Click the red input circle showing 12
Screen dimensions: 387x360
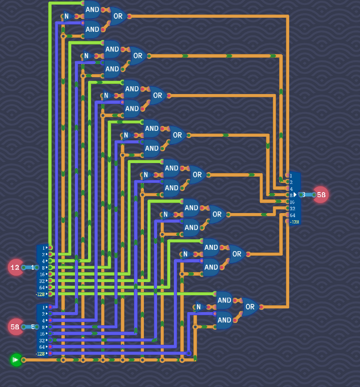[15, 268]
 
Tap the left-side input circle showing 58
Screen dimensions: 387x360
[15, 327]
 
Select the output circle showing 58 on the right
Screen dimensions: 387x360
[321, 195]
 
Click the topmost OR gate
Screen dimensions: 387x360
[118, 16]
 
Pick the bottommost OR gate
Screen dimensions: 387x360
[250, 307]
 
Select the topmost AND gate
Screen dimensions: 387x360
[92, 10]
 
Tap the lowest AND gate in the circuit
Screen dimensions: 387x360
[224, 320]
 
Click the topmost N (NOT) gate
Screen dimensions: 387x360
[67, 16]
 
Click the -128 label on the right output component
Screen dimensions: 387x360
[295, 222]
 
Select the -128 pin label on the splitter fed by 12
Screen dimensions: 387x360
[41, 294]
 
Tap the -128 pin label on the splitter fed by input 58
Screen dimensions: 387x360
[41, 353]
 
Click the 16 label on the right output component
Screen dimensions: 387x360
[292, 202]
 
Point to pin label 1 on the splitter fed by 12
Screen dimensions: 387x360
[44, 248]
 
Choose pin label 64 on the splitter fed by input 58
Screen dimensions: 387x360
[42, 347]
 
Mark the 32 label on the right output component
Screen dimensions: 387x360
[292, 208]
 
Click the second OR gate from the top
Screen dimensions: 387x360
[138, 56]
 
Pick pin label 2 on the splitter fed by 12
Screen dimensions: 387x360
[44, 254]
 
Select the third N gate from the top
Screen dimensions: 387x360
[106, 95]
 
